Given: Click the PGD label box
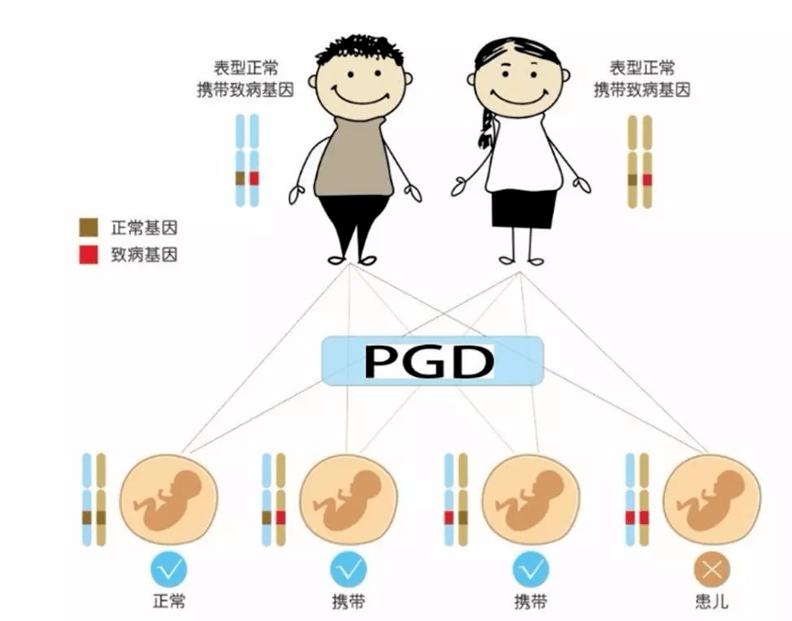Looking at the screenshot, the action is tap(433, 361).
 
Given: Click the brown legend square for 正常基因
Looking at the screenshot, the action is tap(89, 228).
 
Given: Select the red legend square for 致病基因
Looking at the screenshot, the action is tap(89, 254).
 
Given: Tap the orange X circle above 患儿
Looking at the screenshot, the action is tap(711, 570).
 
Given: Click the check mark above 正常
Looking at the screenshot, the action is tap(168, 570).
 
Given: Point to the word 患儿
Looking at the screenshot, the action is tap(711, 601).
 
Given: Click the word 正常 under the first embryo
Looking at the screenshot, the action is tap(168, 601).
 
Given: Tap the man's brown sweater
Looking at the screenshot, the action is tap(354, 156).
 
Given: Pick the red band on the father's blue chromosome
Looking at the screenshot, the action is tap(254, 178).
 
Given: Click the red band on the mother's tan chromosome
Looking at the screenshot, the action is tap(647, 180).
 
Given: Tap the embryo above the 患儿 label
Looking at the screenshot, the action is tap(711, 500).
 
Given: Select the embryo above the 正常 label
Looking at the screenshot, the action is tap(168, 500).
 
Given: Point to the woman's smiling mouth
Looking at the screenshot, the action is tap(519, 97).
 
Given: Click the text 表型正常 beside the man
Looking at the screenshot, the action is tap(246, 68).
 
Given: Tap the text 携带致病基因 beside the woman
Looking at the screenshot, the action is tap(642, 90).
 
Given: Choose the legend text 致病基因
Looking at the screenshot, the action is tap(144, 255).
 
